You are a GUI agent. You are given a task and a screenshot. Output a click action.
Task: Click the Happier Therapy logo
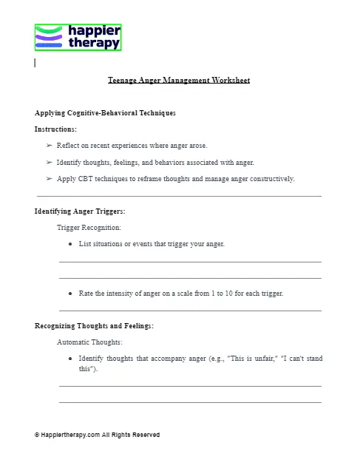point(78,37)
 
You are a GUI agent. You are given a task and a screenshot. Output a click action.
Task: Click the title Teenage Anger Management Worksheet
point(179,80)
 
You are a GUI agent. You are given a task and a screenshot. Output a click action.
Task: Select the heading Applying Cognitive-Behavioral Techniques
point(105,113)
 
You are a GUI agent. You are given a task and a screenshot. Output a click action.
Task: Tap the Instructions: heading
point(55,129)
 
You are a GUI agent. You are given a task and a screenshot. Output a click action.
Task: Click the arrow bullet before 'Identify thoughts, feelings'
point(49,162)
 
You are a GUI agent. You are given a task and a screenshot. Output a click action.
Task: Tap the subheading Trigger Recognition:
point(89,228)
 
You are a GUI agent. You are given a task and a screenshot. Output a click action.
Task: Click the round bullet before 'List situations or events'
point(69,244)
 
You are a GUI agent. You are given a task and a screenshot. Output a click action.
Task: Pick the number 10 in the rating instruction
point(225,293)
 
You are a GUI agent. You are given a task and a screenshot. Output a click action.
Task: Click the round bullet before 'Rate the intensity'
point(69,293)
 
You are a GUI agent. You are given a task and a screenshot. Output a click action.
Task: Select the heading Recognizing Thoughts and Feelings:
point(94,326)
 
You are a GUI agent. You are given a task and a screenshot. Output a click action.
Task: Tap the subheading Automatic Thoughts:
point(89,342)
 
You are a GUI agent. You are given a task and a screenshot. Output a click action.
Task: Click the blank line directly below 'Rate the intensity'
point(190,311)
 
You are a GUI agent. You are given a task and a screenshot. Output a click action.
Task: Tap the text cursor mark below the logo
point(35,63)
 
